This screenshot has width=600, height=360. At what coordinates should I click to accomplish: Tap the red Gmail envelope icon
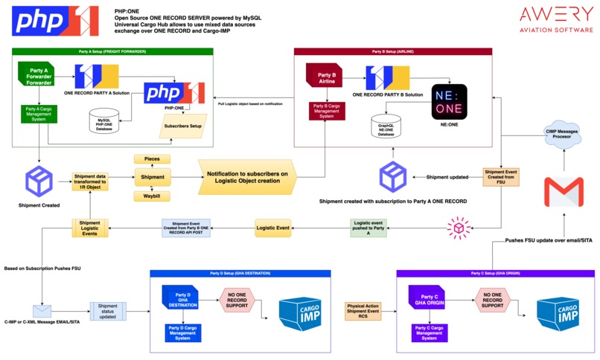[x=564, y=192]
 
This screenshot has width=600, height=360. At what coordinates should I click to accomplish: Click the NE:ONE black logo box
[x=453, y=102]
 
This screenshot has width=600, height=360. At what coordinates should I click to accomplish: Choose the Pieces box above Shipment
[x=152, y=159]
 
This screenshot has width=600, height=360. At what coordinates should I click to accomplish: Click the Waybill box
[x=152, y=196]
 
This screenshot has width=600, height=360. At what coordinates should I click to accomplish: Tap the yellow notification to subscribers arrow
[x=246, y=177]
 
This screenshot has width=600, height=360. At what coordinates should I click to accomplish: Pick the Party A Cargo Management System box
[x=39, y=116]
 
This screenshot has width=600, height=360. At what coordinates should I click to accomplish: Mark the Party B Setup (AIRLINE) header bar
[x=399, y=52]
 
